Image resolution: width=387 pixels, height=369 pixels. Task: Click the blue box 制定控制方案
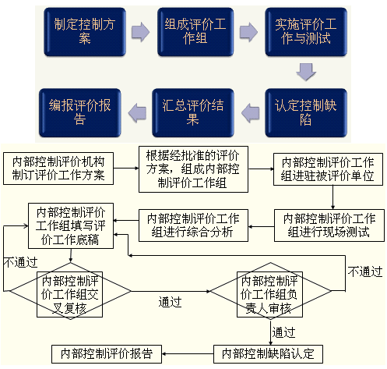[x=85, y=32]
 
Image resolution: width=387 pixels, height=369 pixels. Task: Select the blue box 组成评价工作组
[x=195, y=32]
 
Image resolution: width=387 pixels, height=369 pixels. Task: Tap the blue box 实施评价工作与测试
[x=306, y=32]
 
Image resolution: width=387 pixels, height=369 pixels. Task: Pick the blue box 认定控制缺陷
[x=306, y=112]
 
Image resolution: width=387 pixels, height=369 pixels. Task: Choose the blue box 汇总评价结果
[x=193, y=112]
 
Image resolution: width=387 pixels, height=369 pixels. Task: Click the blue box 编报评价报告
[x=80, y=112]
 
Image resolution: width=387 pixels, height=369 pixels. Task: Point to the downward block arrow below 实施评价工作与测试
[x=306, y=72]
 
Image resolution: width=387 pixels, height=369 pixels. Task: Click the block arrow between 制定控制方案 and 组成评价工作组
[x=140, y=32]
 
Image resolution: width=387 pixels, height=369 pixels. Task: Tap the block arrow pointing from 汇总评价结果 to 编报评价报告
[x=137, y=112]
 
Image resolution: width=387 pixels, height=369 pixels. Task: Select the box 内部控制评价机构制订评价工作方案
[x=58, y=169]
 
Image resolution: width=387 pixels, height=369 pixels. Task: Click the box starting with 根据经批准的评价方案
[x=193, y=169]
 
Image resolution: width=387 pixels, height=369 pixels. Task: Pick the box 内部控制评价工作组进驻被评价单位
[x=328, y=169]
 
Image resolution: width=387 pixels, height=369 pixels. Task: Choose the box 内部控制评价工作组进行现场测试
[x=329, y=225]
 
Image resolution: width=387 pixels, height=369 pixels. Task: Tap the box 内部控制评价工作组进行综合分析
[x=193, y=225]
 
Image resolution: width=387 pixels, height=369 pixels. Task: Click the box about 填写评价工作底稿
[x=71, y=226]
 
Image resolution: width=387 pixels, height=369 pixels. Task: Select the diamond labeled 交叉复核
[x=70, y=291]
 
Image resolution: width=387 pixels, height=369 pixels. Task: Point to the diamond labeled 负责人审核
[x=270, y=291]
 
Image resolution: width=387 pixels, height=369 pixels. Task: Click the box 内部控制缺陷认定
[x=268, y=354]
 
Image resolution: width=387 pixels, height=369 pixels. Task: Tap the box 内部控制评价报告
[x=107, y=354]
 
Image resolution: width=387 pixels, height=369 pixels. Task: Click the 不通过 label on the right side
[x=365, y=271]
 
